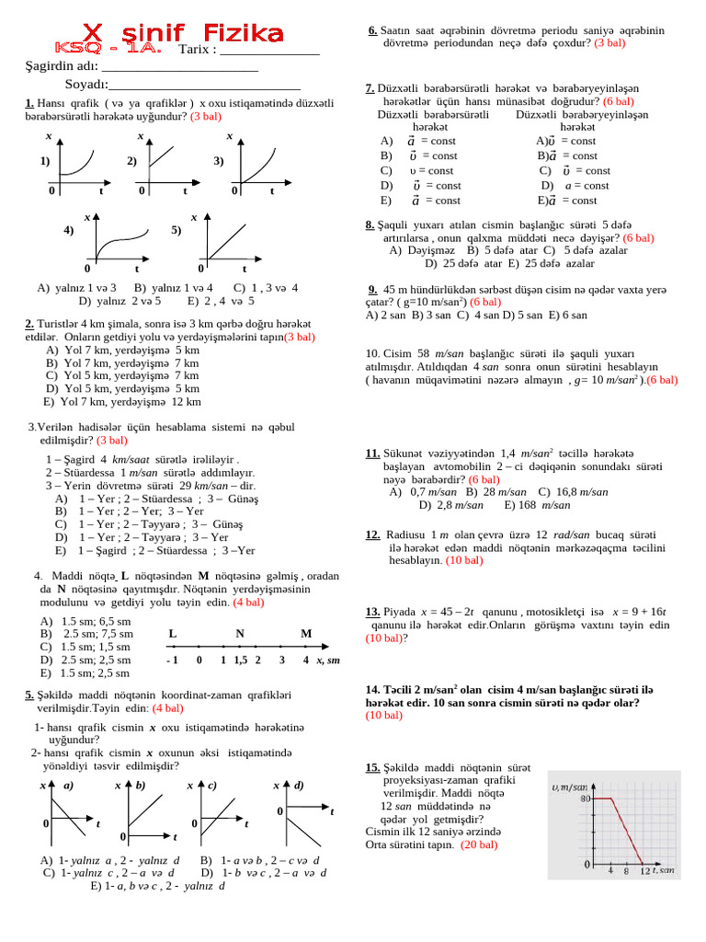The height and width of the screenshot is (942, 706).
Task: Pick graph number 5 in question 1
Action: pyautogui.click(x=221, y=239)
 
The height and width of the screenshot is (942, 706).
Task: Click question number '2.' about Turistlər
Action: pyautogui.click(x=29, y=324)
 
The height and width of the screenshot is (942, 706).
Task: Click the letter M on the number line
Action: pyautogui.click(x=306, y=634)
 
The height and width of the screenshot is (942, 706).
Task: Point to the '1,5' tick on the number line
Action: pyautogui.click(x=240, y=661)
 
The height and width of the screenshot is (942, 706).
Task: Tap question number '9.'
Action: pyautogui.click(x=372, y=287)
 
